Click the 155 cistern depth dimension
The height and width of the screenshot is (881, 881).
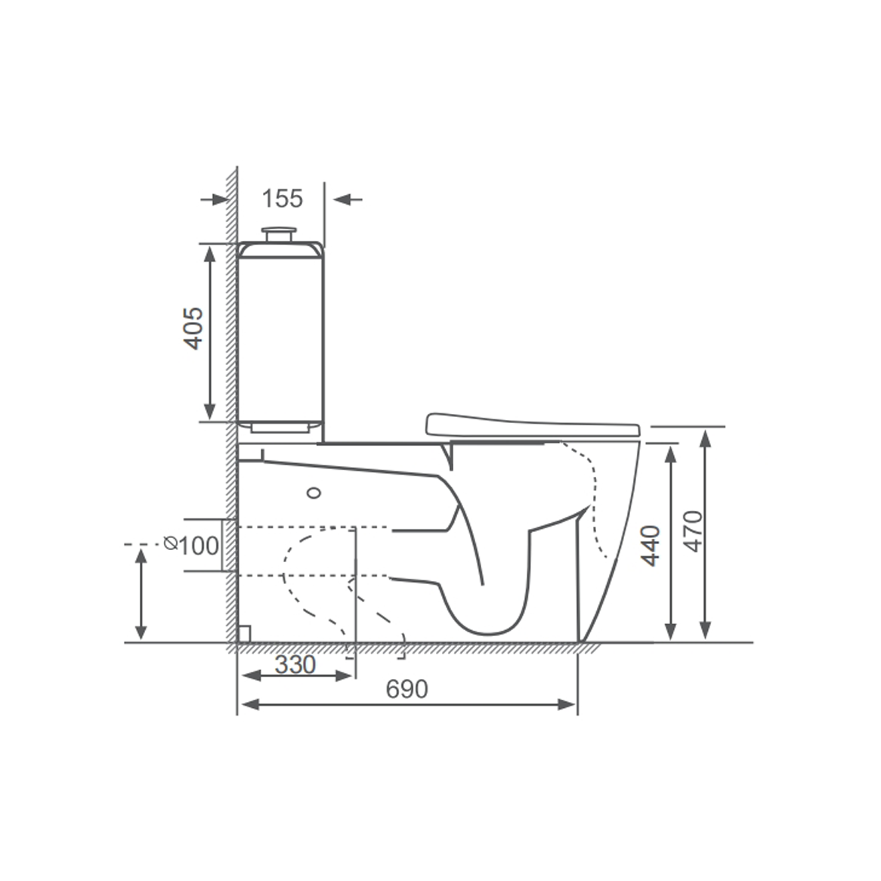click(282, 199)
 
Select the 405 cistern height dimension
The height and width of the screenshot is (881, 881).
click(194, 328)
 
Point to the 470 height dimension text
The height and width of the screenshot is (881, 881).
click(692, 531)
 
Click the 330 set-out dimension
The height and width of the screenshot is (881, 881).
click(295, 665)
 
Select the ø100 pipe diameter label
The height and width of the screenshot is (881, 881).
click(193, 545)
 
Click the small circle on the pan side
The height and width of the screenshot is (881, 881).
click(314, 493)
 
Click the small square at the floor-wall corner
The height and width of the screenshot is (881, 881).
click(244, 633)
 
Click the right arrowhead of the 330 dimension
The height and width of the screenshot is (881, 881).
click(345, 675)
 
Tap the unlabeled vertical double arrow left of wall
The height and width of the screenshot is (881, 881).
click(141, 594)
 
